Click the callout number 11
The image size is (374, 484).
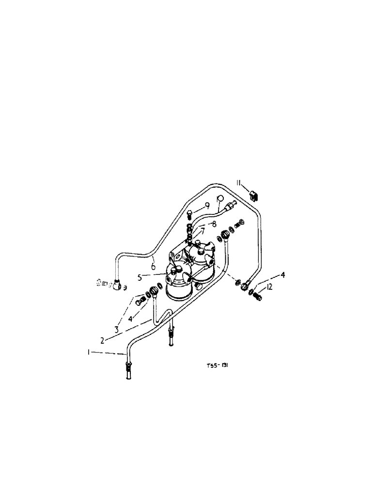click(x=239, y=182)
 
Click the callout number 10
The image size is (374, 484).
click(x=219, y=198)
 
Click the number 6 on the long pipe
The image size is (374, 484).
click(x=153, y=266)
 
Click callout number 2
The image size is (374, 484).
click(x=102, y=340)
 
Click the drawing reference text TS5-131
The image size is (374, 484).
click(x=218, y=366)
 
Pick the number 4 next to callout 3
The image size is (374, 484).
click(x=129, y=319)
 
